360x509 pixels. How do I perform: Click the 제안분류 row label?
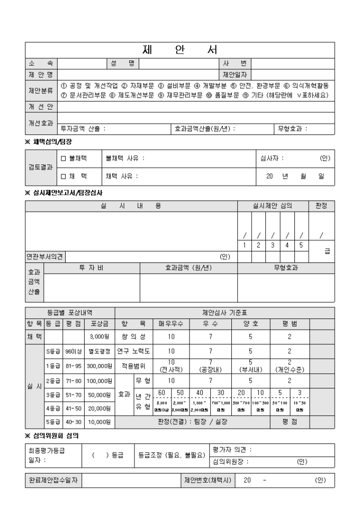tap(41, 90)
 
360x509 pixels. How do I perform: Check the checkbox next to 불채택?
tap(64, 158)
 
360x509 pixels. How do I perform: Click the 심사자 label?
tap(272, 158)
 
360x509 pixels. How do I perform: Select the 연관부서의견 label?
tap(45, 257)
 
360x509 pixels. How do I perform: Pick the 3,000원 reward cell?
tap(99, 335)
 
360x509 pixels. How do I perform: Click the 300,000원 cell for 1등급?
tap(99, 365)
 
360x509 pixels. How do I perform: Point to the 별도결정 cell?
tap(99, 350)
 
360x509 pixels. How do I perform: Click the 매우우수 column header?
tap(171, 322)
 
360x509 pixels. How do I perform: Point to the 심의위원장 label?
tap(230, 461)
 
